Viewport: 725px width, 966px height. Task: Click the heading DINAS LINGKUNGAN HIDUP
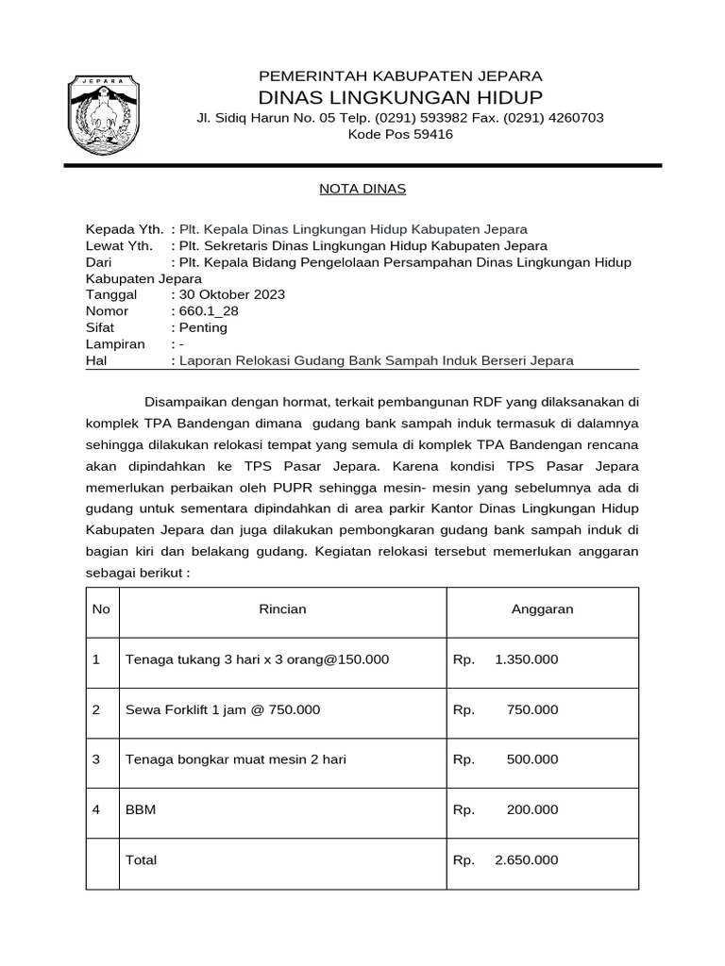(x=400, y=98)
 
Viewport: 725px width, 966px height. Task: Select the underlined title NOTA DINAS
(x=362, y=189)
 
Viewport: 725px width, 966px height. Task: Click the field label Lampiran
(x=115, y=343)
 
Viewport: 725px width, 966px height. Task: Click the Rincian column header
(x=282, y=609)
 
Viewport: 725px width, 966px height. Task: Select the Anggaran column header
(x=542, y=609)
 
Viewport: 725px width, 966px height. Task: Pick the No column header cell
(x=101, y=609)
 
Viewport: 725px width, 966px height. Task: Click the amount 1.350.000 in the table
(x=526, y=659)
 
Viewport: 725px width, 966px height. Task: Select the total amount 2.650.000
(x=526, y=860)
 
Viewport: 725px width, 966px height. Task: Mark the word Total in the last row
(x=141, y=860)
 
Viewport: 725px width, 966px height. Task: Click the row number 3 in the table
(x=96, y=759)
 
